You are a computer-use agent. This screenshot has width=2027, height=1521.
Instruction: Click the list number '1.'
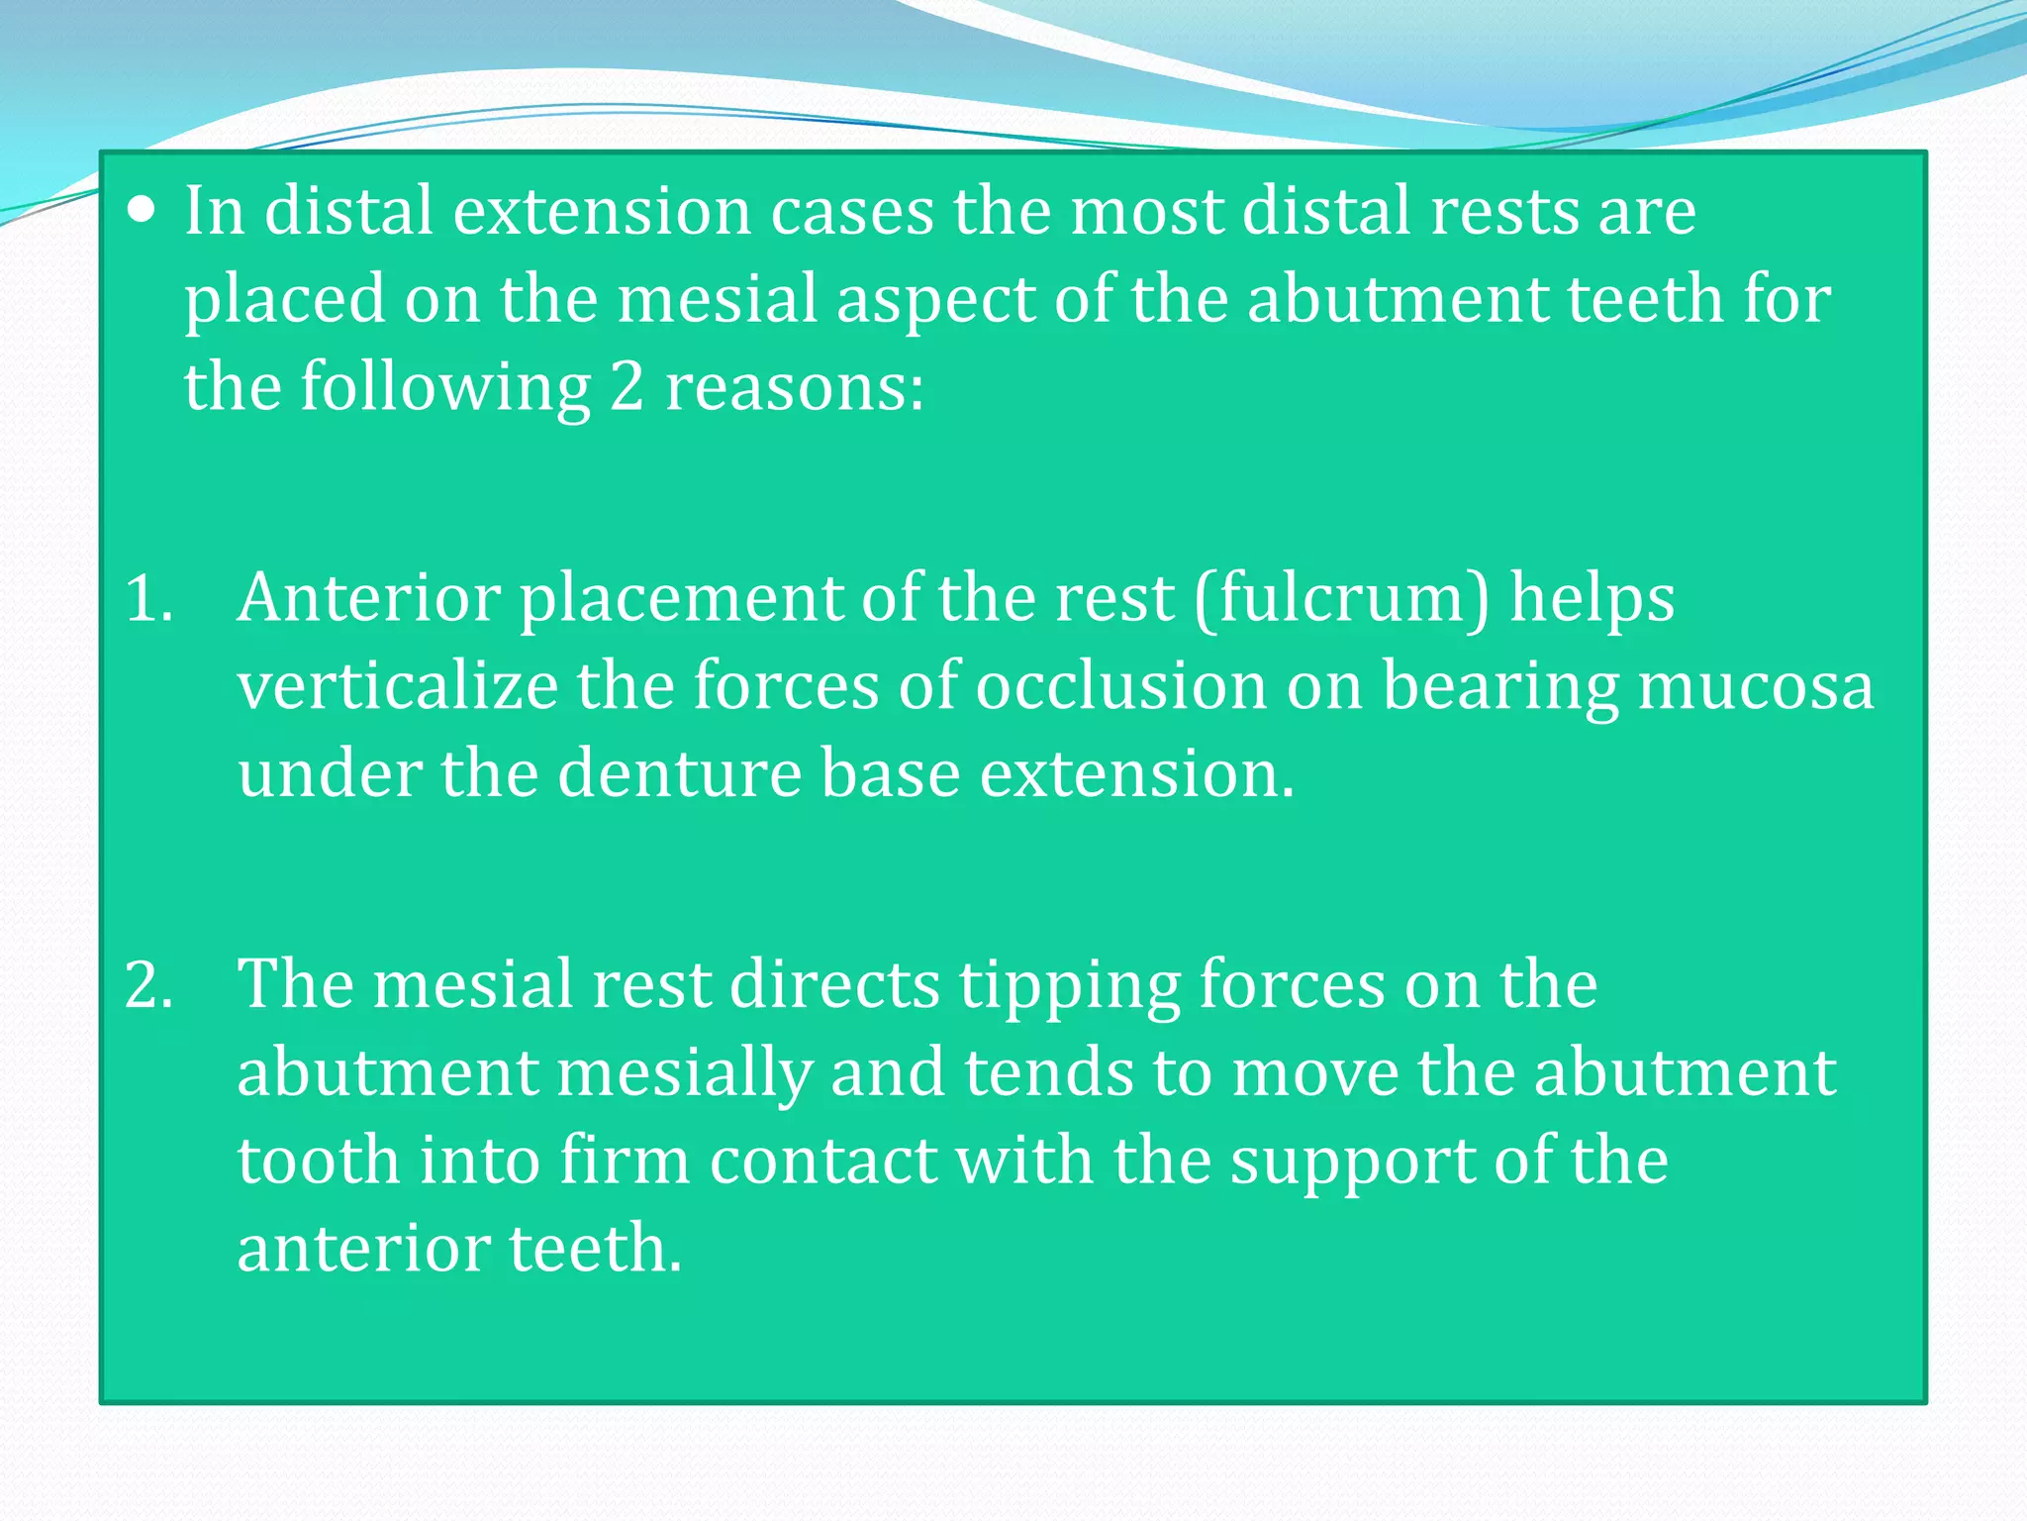[x=149, y=599]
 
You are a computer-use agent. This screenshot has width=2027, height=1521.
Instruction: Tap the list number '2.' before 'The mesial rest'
[x=149, y=985]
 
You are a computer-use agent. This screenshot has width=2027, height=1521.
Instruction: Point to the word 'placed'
[x=285, y=301]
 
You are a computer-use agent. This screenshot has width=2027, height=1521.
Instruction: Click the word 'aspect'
[x=933, y=301]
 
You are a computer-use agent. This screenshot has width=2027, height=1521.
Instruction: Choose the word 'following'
[x=445, y=387]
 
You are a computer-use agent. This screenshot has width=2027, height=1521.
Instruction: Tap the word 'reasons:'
[x=794, y=387]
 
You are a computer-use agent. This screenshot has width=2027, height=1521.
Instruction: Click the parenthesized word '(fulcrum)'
[x=1341, y=599]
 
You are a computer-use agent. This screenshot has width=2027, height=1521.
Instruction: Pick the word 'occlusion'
[x=1121, y=686]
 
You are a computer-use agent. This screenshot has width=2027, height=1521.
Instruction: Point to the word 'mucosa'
[x=1756, y=686]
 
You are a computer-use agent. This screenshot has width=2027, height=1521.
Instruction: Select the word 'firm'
[x=625, y=1161]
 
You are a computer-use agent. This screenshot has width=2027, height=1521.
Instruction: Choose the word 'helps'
[x=1592, y=599]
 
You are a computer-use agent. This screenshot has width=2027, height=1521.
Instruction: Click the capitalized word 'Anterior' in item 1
[x=369, y=599]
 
